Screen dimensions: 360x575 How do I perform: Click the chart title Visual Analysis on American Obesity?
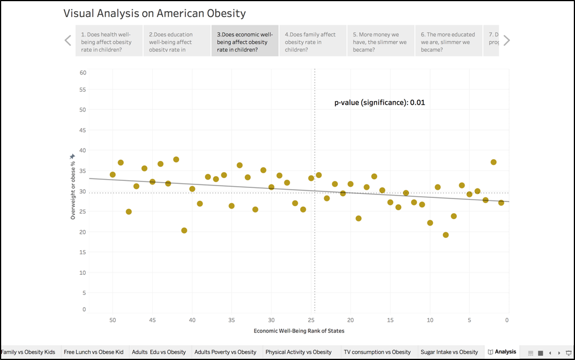(x=154, y=13)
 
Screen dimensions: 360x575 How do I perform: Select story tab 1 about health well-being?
(x=109, y=42)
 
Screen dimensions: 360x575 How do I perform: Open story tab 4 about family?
(x=312, y=42)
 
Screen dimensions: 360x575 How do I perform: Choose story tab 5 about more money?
(x=381, y=42)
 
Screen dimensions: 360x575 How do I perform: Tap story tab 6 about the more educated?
(x=449, y=42)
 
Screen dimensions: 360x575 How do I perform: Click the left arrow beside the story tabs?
(x=68, y=41)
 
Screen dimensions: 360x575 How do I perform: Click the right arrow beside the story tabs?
(x=506, y=41)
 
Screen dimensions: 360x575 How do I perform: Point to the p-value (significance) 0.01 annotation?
(x=379, y=102)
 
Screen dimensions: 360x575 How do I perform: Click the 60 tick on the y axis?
(x=83, y=73)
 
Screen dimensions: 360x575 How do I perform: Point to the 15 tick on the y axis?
(x=83, y=253)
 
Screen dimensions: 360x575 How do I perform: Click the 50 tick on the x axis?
(x=113, y=320)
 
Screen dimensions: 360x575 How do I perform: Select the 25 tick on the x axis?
(x=311, y=320)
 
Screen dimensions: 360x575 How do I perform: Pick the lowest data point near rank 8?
(x=446, y=235)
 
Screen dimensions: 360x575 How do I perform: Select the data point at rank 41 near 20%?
(x=184, y=231)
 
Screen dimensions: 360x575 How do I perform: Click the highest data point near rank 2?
(x=493, y=162)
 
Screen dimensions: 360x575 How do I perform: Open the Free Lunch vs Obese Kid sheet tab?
(x=93, y=352)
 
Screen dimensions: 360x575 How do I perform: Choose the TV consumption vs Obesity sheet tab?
(x=377, y=352)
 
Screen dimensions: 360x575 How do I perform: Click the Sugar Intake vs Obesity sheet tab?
(x=449, y=352)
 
